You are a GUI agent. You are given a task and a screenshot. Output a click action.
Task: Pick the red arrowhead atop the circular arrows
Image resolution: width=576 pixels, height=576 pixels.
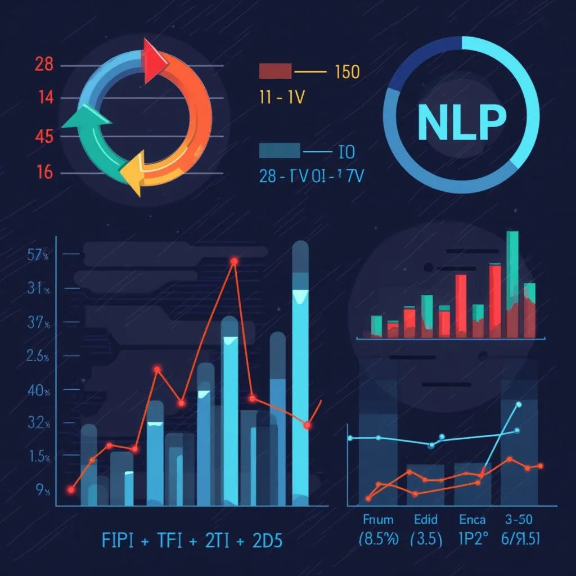[x=154, y=61]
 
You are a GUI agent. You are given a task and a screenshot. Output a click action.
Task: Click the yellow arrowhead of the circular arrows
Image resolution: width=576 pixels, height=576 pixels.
[x=133, y=178]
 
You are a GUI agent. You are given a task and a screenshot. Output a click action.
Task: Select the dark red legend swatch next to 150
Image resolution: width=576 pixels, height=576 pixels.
[x=275, y=71]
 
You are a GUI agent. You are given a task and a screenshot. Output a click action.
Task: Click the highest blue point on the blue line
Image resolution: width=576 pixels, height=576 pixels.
[x=519, y=404]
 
